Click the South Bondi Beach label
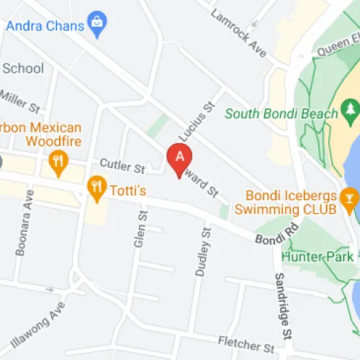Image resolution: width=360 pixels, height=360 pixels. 281,114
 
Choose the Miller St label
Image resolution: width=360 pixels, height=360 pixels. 19,101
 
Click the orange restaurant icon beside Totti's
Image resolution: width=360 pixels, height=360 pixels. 95,189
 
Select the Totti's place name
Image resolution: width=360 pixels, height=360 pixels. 128,190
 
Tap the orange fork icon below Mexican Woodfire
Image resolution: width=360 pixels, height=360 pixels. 59,161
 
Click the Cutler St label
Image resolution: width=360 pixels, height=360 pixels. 122,166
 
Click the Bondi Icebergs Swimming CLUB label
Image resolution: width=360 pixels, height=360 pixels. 291,202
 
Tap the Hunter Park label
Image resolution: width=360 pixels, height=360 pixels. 318,256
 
